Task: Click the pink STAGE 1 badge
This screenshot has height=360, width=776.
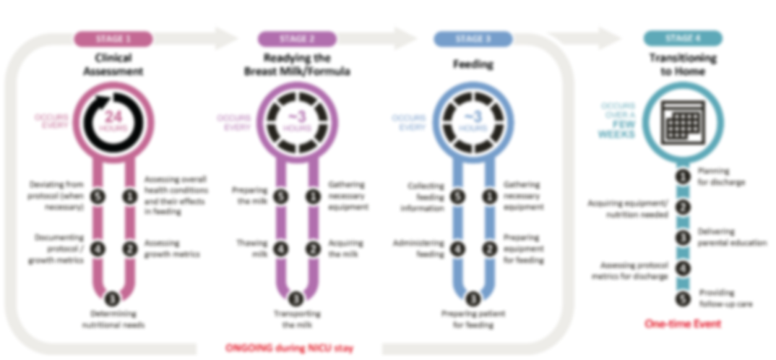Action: (113, 39)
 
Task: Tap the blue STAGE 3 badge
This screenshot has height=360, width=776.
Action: (473, 39)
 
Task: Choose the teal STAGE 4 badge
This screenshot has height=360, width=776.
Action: (682, 39)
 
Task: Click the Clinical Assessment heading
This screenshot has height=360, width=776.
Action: (113, 65)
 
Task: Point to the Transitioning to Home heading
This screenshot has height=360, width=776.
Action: (682, 65)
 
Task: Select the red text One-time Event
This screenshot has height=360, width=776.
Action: (682, 324)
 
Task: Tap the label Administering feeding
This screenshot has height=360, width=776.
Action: (423, 248)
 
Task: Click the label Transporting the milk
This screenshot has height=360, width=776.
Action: (296, 319)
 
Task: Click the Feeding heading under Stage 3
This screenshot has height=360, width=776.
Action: (473, 64)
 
